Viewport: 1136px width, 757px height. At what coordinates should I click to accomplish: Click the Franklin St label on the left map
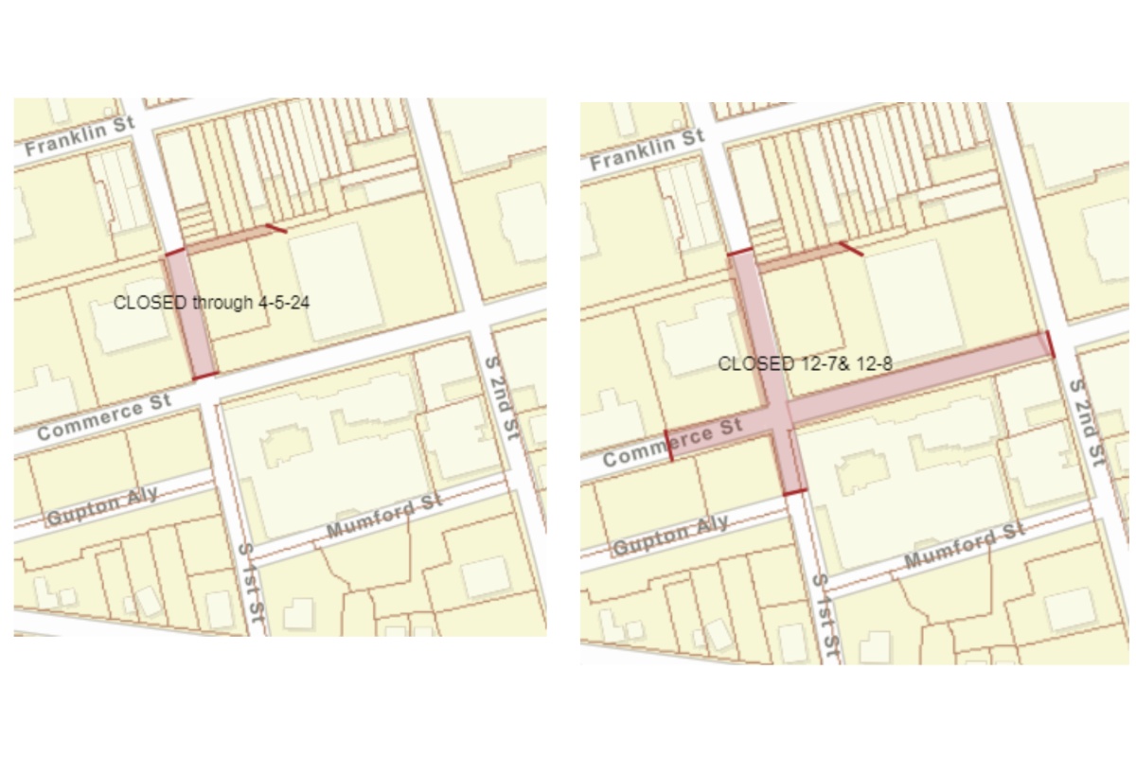[80, 135]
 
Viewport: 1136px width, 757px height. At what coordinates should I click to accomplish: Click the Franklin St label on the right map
[648, 150]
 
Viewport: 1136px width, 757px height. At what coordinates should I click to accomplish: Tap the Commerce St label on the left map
[105, 417]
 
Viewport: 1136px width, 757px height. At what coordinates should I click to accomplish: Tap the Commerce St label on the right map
[673, 444]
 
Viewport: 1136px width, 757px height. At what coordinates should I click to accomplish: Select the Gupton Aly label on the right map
[670, 536]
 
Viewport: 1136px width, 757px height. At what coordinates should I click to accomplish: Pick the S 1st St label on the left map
[249, 587]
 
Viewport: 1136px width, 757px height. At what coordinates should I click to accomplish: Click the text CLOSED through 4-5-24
[212, 303]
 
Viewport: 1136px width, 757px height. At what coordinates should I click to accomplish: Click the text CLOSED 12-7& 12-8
[806, 362]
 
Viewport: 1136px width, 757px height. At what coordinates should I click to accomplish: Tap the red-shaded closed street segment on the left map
[192, 317]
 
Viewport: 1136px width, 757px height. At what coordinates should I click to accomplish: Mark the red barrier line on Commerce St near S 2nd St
[1048, 344]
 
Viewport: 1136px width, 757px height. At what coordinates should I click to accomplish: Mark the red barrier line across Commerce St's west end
[668, 446]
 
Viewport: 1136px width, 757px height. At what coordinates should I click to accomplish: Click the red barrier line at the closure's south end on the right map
[795, 492]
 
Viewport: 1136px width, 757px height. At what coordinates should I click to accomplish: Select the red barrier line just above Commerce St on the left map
[205, 377]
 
